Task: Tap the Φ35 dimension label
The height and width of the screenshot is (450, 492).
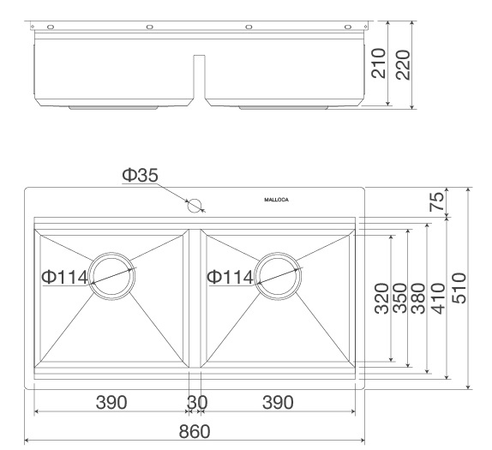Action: click(x=139, y=176)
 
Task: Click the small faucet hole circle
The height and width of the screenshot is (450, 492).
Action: click(x=195, y=205)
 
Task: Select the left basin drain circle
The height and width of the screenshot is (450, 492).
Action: click(x=110, y=277)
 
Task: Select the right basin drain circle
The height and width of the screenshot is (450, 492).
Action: click(x=275, y=277)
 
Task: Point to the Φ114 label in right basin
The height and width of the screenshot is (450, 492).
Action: click(x=230, y=277)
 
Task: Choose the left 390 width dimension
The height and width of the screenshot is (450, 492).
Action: click(x=111, y=402)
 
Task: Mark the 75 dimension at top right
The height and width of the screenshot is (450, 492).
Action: click(x=437, y=202)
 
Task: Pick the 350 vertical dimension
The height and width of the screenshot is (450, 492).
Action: click(x=398, y=299)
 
